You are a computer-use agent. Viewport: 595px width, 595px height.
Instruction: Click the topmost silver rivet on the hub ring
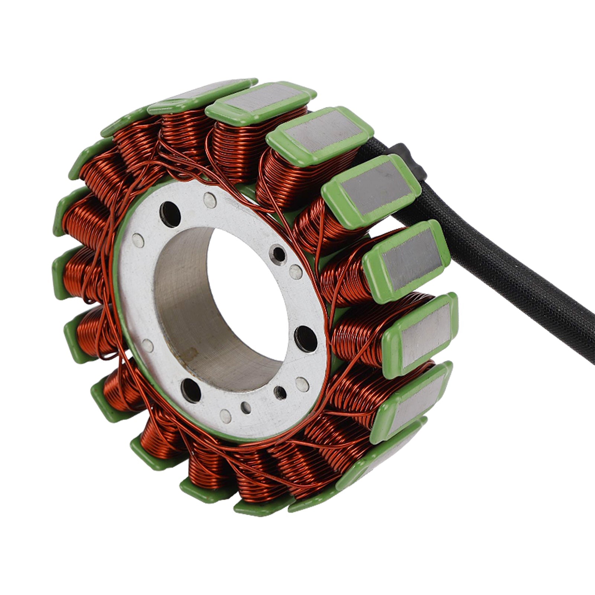tap(210, 201)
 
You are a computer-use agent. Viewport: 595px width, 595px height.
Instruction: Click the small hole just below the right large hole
tap(280, 391)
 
